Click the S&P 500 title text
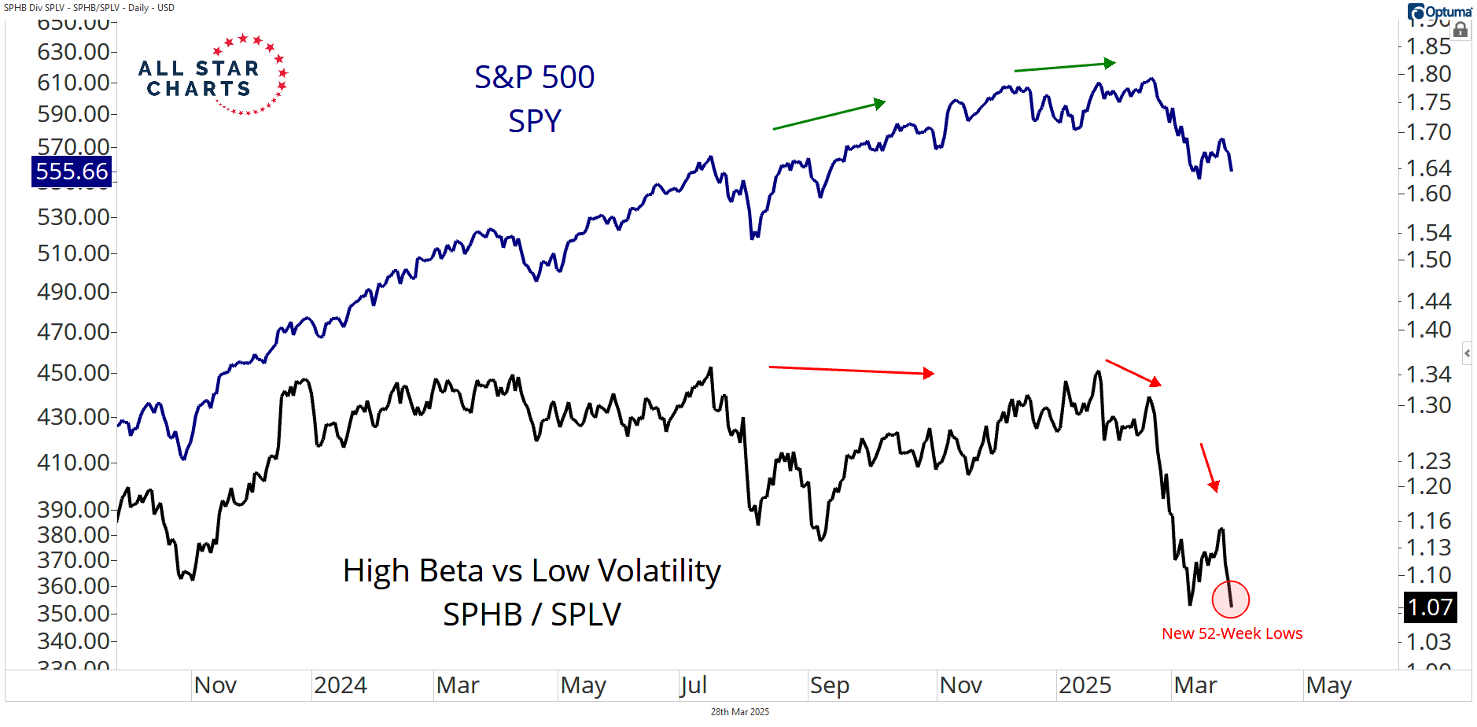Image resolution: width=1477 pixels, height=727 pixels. [x=534, y=77]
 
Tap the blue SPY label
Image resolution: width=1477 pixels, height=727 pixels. [x=534, y=121]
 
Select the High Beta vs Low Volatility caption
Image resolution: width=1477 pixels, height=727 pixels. [x=532, y=571]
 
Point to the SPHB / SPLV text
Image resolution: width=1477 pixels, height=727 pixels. [x=532, y=614]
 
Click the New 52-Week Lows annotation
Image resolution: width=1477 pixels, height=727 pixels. [x=1232, y=633]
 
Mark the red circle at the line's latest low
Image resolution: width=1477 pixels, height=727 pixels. [x=1231, y=599]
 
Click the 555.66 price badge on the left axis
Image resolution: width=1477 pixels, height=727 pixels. [x=72, y=172]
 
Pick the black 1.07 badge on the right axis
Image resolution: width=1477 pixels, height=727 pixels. [x=1430, y=607]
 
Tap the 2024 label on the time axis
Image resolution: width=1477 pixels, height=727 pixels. [x=340, y=685]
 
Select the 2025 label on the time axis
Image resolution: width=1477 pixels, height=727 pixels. [x=1085, y=685]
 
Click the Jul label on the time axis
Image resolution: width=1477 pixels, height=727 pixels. [x=694, y=685]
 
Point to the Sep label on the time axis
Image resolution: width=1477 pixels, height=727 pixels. [x=829, y=685]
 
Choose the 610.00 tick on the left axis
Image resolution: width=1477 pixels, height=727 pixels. [x=73, y=83]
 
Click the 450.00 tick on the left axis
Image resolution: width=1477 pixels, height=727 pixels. [x=73, y=373]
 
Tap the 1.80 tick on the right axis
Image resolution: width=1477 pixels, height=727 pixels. [x=1428, y=74]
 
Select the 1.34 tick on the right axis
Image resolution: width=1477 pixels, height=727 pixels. [x=1428, y=375]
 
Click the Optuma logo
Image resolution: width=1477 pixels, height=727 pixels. [x=1439, y=12]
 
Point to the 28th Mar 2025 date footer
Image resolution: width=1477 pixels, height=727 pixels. [x=739, y=712]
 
